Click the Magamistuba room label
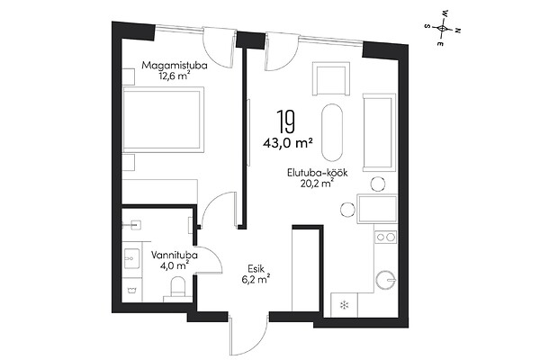(175, 65)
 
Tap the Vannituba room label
(175, 256)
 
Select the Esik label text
(256, 268)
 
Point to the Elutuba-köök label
(318, 173)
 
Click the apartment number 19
(285, 121)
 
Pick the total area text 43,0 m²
(288, 142)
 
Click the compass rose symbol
(442, 28)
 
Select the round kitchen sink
(386, 280)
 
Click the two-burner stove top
(385, 237)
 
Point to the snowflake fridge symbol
(344, 305)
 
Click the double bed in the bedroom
(163, 119)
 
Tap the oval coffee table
(332, 132)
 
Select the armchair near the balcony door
(331, 78)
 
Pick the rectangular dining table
(377, 209)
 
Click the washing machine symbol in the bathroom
(130, 291)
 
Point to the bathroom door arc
(210, 260)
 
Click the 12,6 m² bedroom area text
(175, 76)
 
